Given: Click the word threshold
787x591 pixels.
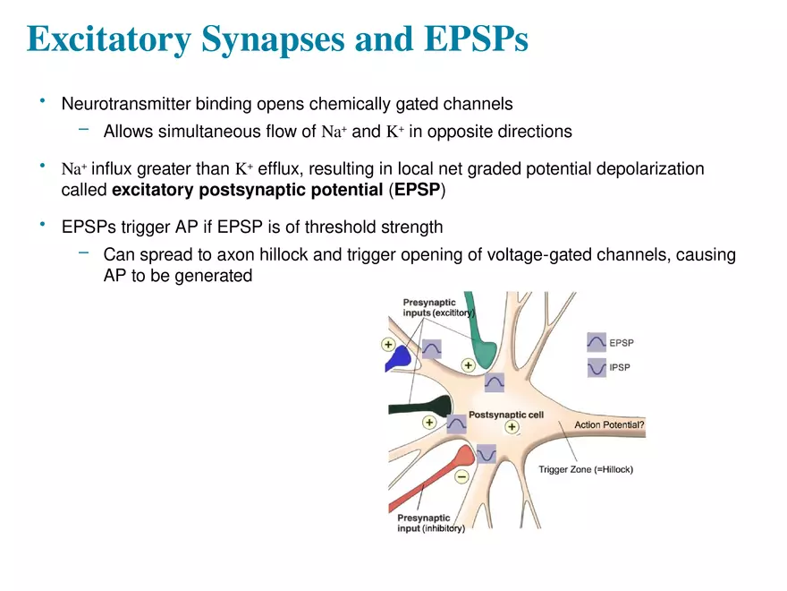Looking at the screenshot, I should pyautogui.click(x=352, y=227).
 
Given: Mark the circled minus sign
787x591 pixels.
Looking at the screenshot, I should pyautogui.click(x=461, y=477).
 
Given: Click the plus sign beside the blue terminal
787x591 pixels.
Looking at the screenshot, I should pyautogui.click(x=388, y=343).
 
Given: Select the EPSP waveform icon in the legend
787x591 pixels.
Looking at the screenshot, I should pyautogui.click(x=597, y=342).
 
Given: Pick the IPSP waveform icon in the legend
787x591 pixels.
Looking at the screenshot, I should pyautogui.click(x=597, y=367).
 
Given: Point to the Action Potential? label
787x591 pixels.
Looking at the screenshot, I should pyautogui.click(x=609, y=424).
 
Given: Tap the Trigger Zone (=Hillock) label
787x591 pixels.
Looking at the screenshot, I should pyautogui.click(x=586, y=469).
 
